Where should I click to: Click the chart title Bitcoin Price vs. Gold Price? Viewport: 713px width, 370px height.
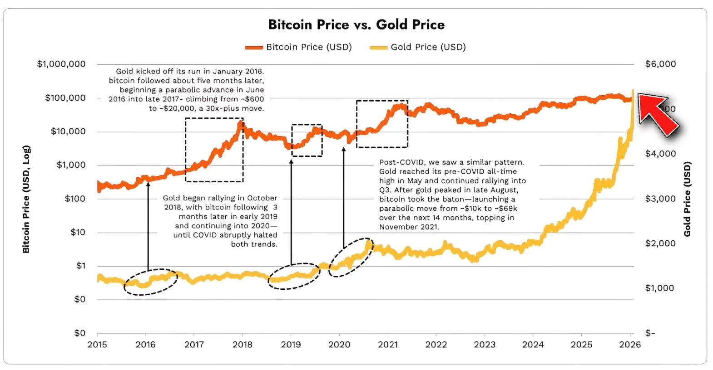356,24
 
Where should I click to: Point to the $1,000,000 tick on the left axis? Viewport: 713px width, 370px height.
61,64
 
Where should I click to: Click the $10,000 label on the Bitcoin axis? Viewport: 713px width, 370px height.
68,131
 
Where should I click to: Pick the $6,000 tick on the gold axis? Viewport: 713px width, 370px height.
660,64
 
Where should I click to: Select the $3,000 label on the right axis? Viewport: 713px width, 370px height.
660,199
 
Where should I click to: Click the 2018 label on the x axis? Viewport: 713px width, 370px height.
243,345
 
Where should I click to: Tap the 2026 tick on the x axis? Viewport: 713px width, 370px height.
630,345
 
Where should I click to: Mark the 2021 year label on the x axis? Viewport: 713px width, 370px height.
388,345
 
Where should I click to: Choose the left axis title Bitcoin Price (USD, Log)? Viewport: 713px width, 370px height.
26,199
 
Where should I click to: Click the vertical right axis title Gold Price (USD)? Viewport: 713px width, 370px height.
687,199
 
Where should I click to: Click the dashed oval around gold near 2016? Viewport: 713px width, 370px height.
151,282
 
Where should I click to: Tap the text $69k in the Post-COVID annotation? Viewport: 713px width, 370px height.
508,209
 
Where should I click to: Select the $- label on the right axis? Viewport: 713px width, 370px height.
650,333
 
